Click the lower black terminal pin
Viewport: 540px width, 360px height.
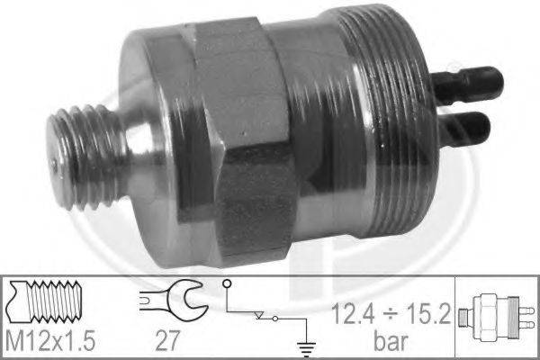(x=463, y=128)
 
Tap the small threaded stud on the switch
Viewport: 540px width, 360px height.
(x=86, y=157)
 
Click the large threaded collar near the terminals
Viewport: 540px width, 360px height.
(x=386, y=121)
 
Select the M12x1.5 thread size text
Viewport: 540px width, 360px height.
(x=50, y=340)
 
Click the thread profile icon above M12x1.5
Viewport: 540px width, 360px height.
(x=44, y=301)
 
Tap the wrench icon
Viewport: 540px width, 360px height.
(x=174, y=300)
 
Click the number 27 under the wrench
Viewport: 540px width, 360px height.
(x=167, y=340)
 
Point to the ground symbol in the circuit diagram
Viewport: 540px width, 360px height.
(x=306, y=348)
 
